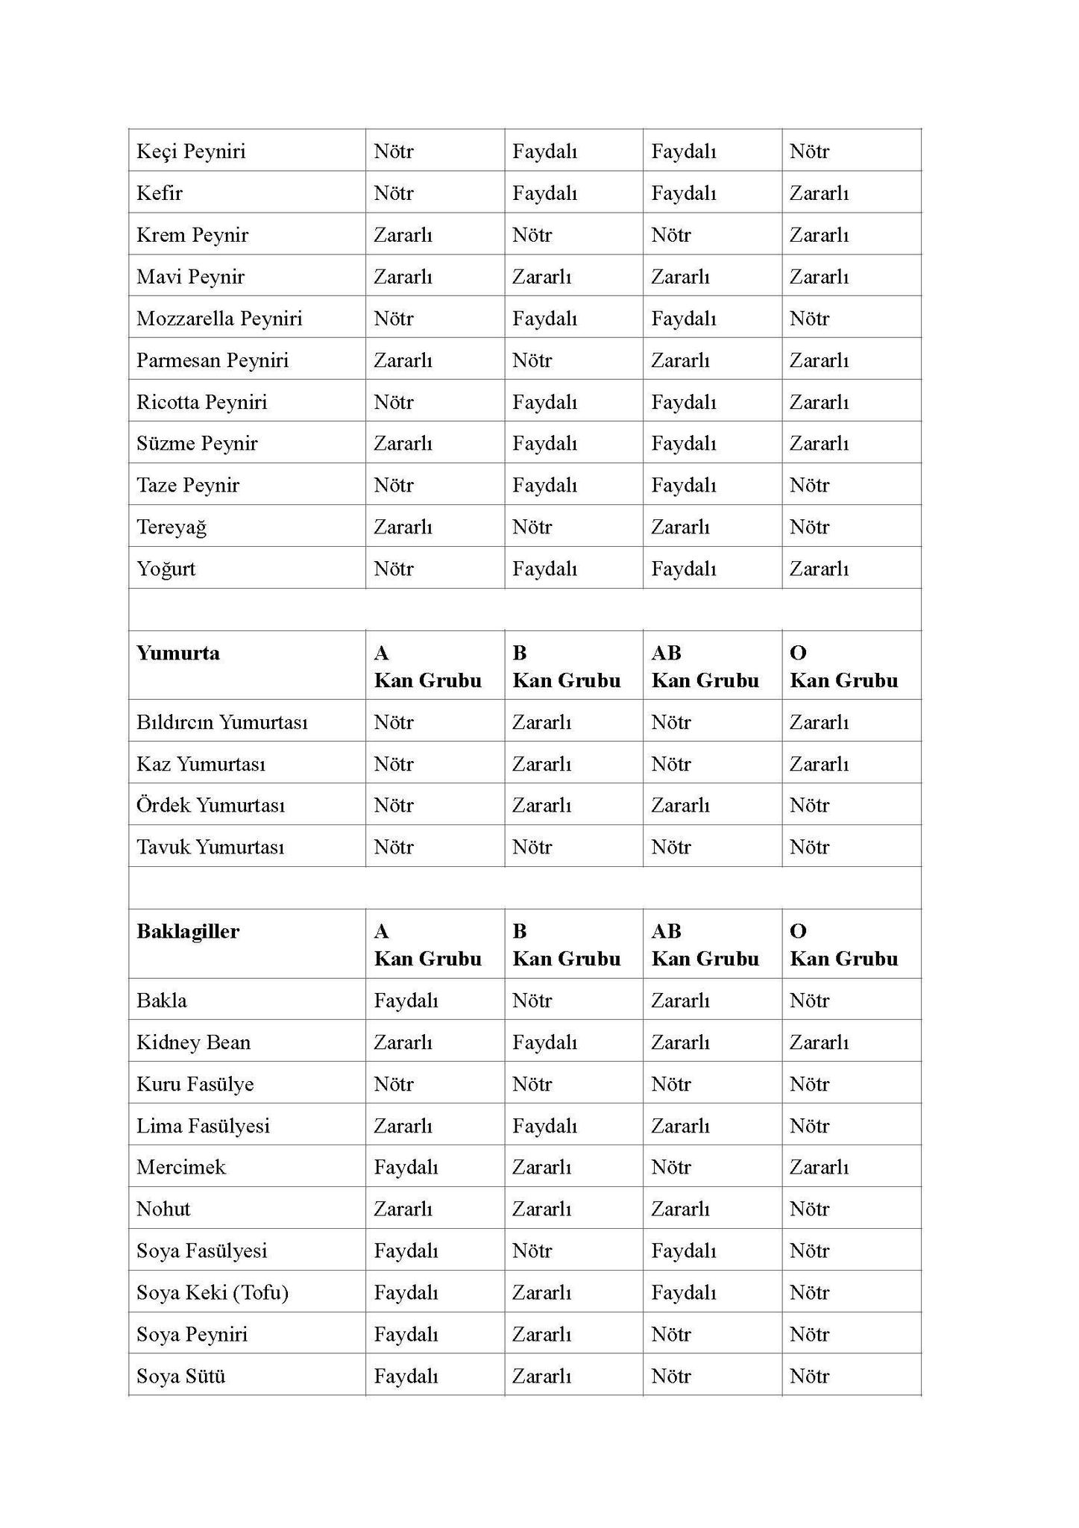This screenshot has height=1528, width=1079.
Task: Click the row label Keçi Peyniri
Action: [191, 151]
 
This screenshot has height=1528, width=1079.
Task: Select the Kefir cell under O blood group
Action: [819, 193]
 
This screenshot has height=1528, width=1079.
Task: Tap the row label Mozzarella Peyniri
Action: [219, 319]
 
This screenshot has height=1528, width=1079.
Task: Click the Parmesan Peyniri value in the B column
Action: [532, 360]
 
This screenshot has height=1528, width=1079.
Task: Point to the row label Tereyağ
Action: [172, 527]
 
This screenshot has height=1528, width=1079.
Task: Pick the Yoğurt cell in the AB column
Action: [683, 569]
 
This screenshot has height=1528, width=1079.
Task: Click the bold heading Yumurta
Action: [178, 654]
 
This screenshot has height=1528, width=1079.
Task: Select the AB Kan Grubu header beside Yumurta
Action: [705, 667]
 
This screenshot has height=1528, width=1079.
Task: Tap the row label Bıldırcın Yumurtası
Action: [221, 722]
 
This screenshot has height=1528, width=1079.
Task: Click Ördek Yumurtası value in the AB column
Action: [680, 806]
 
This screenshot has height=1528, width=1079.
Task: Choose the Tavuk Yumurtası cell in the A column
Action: [394, 848]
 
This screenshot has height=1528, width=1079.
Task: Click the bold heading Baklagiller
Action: [188, 932]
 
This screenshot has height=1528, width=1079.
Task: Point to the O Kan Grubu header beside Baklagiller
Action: [843, 945]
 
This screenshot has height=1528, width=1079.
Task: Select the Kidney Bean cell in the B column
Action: [544, 1042]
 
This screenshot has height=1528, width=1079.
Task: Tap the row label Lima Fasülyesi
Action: [203, 1126]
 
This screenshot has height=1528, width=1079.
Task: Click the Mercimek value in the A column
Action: [406, 1168]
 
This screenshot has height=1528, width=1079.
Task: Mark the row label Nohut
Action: [163, 1209]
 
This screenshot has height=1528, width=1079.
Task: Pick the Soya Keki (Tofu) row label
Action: [213, 1293]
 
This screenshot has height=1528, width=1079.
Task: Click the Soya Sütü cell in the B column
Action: [541, 1377]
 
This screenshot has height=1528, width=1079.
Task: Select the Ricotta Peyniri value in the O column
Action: [819, 402]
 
